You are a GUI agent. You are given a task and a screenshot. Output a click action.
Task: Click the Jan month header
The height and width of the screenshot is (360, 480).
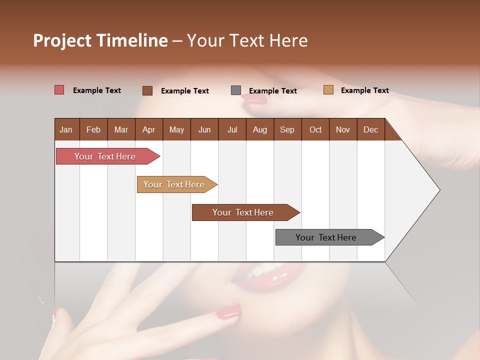click(66, 130)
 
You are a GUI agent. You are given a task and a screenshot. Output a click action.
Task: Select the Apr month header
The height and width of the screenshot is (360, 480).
click(149, 130)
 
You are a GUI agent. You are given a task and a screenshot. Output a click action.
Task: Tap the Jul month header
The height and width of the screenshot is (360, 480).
click(232, 130)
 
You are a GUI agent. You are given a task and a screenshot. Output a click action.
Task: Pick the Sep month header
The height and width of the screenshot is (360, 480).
click(287, 130)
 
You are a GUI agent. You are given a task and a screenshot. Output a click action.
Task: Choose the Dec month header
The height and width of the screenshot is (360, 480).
click(370, 130)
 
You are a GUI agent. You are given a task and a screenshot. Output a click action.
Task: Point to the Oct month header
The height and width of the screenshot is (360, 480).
click(315, 130)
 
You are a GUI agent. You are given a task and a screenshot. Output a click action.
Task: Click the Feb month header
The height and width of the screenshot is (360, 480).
click(93, 130)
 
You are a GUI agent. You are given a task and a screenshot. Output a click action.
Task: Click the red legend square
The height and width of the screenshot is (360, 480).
click(59, 90)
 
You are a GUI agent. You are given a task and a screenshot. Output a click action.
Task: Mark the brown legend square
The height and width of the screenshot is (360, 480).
click(147, 90)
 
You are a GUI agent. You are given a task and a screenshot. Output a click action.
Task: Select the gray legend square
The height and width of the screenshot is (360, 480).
click(236, 90)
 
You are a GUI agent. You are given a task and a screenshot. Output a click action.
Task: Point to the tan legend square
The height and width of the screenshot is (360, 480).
click(328, 90)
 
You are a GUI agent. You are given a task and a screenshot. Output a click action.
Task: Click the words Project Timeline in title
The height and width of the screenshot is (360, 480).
click(100, 40)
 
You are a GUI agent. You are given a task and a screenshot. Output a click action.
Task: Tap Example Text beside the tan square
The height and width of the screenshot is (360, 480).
click(364, 90)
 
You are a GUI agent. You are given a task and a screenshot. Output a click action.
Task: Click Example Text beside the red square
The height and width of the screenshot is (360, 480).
click(97, 90)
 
